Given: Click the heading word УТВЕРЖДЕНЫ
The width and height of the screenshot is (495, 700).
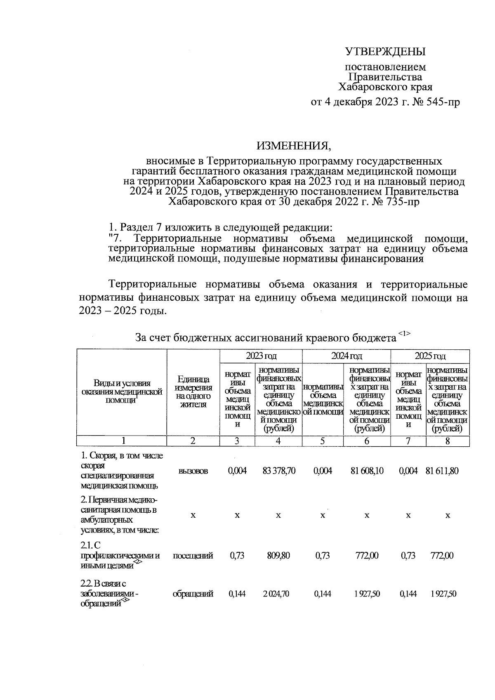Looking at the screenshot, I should click(x=385, y=52).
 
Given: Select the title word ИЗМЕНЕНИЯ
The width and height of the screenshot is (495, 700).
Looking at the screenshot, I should click(x=294, y=145).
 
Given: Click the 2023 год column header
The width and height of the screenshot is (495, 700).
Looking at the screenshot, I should click(x=261, y=356).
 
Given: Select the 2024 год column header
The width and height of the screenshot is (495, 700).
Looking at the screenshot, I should click(x=346, y=356).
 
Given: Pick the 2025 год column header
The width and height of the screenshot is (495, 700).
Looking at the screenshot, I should click(x=430, y=356).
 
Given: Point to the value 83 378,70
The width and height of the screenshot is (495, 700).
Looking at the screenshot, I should click(x=279, y=471).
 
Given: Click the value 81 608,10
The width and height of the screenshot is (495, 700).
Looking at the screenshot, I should click(x=367, y=471).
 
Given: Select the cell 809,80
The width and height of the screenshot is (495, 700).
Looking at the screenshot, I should click(x=278, y=556).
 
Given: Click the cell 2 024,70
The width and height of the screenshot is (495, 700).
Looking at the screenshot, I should click(x=278, y=594).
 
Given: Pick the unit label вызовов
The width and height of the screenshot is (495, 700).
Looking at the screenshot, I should click(x=193, y=471).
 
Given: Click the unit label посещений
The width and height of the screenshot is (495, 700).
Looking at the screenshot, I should click(x=193, y=556).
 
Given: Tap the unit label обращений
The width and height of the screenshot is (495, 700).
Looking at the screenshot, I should click(x=193, y=594).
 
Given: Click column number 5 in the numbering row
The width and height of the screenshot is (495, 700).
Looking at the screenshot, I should click(x=323, y=441).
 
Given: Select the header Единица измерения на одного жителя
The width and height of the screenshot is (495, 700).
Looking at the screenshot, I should click(x=193, y=392).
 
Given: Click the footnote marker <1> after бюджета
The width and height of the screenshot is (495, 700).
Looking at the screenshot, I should click(x=404, y=333).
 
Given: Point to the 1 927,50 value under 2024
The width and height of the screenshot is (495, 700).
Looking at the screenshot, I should click(x=366, y=594).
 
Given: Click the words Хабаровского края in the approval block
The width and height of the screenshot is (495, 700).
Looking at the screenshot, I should click(x=385, y=87).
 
